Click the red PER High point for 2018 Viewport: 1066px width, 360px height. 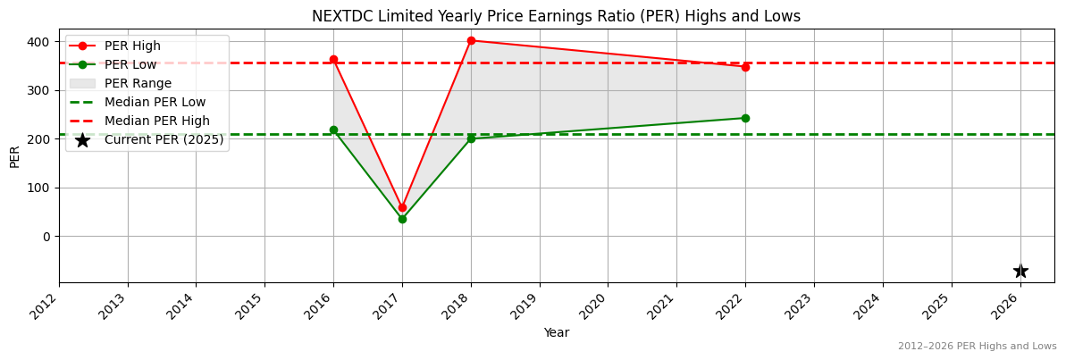point(471,40)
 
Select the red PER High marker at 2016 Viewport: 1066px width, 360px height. point(333,60)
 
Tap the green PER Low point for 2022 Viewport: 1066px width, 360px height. point(745,118)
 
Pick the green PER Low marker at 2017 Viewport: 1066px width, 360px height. point(402,219)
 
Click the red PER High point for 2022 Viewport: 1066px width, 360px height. point(745,67)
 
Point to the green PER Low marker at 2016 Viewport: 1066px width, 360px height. point(333,130)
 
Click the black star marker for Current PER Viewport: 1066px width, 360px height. point(1020,271)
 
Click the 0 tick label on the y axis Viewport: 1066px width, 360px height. point(48,237)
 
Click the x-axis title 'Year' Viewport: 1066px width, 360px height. point(556,332)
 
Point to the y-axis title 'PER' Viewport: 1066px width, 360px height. point(14,156)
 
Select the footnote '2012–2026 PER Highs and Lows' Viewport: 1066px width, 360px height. point(977,346)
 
